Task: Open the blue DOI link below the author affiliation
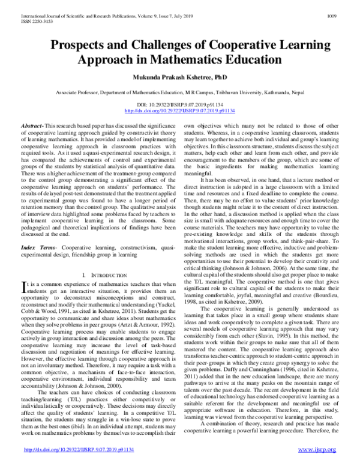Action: point(179,111)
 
